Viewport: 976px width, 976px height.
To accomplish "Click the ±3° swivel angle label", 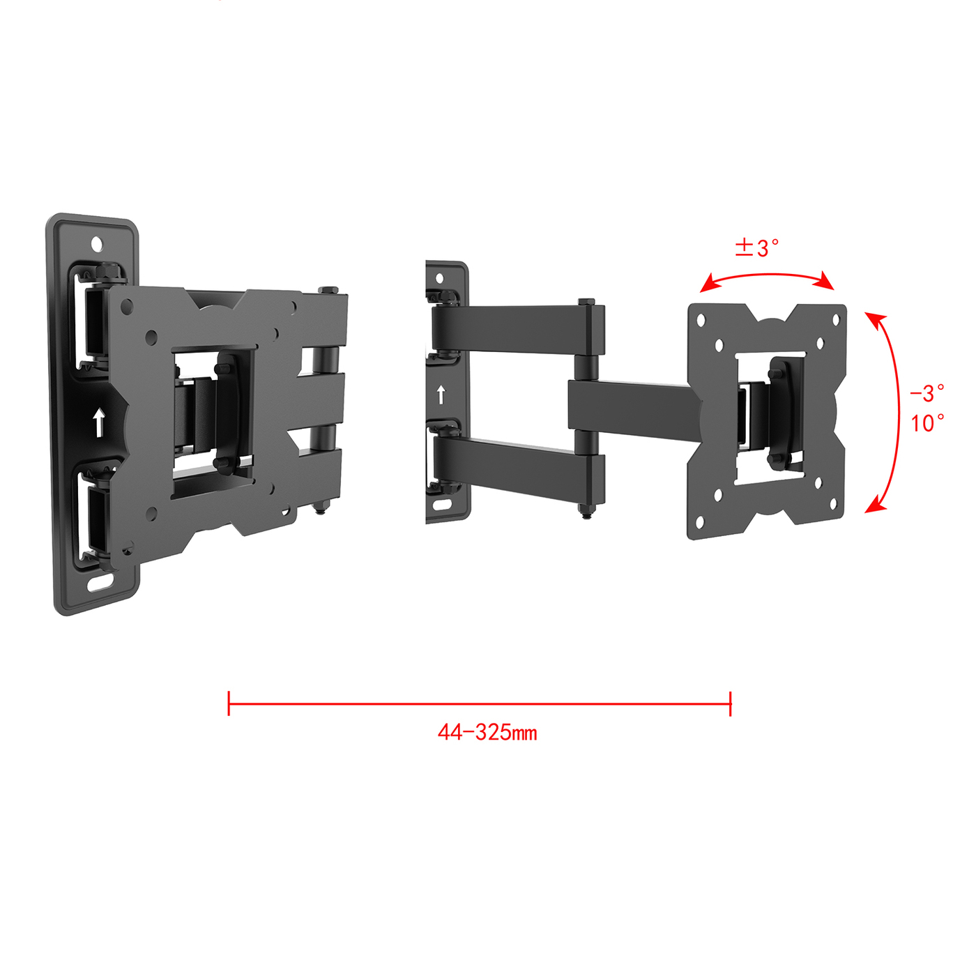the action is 756,248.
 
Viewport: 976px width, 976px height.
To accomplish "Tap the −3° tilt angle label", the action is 927,393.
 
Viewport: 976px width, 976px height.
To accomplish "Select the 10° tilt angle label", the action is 928,423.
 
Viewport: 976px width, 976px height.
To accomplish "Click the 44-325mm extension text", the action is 487,733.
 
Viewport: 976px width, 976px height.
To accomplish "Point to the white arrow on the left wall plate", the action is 99,422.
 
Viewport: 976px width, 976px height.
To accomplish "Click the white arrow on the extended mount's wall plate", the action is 441,395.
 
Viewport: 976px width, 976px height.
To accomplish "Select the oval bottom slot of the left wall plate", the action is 100,583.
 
